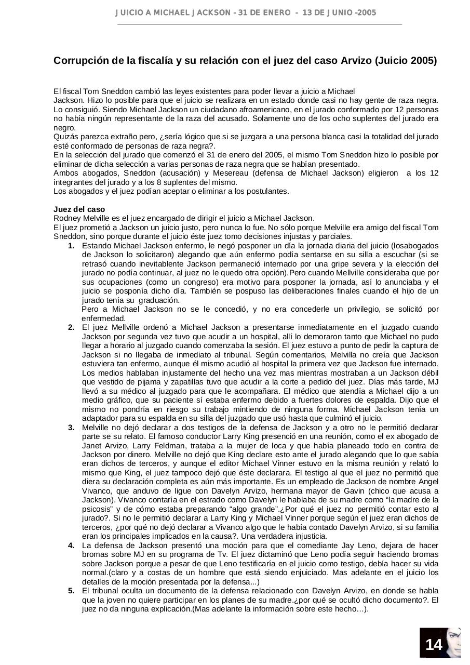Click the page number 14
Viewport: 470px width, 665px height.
(433, 645)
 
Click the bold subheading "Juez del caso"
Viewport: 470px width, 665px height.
(79, 209)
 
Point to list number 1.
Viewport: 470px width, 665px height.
(71, 246)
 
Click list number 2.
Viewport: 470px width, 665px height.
(71, 327)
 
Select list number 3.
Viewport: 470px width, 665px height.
(71, 428)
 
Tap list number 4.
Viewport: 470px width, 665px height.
(71, 546)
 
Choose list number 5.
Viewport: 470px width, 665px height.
(71, 591)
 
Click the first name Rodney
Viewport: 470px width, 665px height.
(68, 218)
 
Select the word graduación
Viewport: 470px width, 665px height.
(160, 300)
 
